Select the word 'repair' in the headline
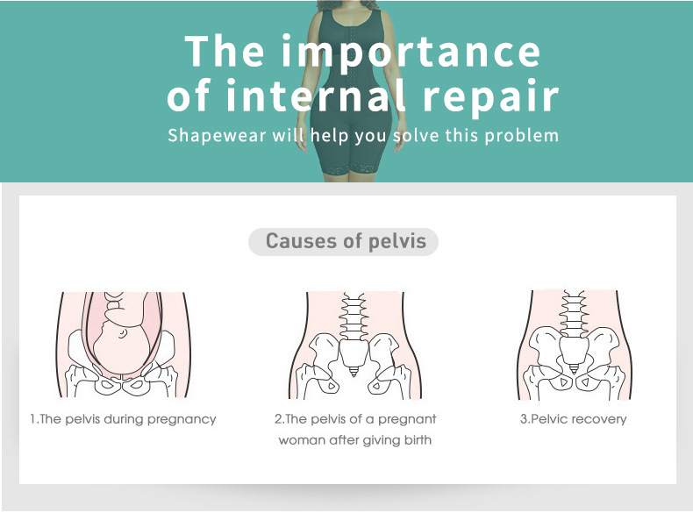pos(490,96)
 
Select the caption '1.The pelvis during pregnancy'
pos(123,419)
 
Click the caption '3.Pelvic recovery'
pos(574,419)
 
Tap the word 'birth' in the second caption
pos(415,440)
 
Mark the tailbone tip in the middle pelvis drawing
pos(354,372)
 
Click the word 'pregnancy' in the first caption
pos(182,419)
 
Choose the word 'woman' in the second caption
pos(302,440)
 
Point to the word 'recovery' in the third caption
pos(600,419)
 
